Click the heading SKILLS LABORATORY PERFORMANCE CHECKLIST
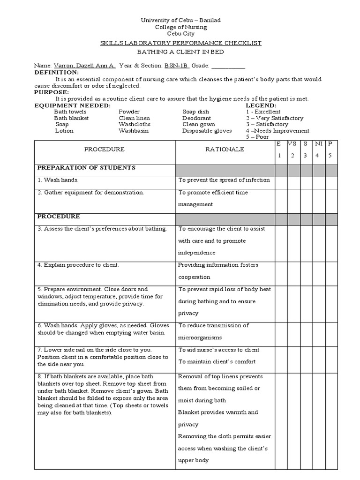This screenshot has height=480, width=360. click(x=180, y=43)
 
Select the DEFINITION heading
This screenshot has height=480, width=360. click(x=57, y=73)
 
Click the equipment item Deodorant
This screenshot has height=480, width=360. click(x=196, y=118)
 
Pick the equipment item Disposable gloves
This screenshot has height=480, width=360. click(x=207, y=131)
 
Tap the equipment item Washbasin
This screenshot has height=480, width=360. click(x=134, y=131)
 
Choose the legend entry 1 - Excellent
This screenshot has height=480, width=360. click(x=263, y=112)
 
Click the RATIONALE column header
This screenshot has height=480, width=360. click(x=225, y=150)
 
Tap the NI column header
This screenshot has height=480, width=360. click(x=318, y=143)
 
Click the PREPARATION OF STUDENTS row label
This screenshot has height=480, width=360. click(x=86, y=168)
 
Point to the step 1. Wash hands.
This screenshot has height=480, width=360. click(x=58, y=180)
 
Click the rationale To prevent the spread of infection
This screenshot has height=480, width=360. click(x=224, y=180)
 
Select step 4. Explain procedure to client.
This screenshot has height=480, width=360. click(x=78, y=265)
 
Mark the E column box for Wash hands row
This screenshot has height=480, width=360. click(x=281, y=183)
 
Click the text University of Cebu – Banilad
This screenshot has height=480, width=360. click(x=180, y=21)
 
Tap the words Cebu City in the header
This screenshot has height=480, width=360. click(x=180, y=34)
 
